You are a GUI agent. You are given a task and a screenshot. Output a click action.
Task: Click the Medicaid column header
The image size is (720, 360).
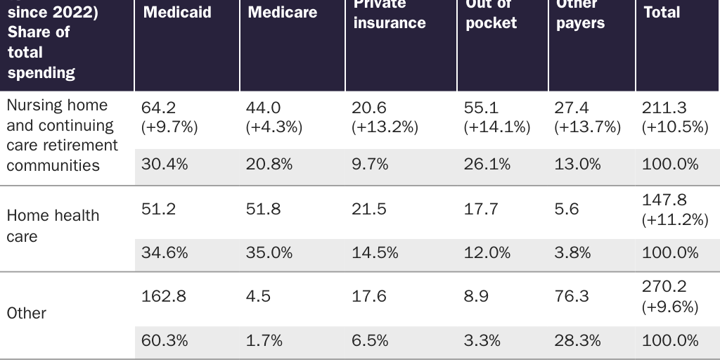pos(176,13)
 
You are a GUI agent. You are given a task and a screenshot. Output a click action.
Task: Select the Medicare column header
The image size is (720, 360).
pos(282,13)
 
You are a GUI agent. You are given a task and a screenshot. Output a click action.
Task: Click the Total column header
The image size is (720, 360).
pos(662,13)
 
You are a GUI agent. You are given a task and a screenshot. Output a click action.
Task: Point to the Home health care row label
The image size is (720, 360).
pos(53,226)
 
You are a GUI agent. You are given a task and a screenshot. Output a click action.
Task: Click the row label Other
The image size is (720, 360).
pos(27,313)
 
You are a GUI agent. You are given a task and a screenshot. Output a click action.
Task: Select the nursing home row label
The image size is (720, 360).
pos(62,135)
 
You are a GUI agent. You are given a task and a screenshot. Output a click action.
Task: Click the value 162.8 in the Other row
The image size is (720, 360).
pos(164,296)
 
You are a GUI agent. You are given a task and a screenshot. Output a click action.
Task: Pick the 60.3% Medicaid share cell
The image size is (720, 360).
pos(165,340)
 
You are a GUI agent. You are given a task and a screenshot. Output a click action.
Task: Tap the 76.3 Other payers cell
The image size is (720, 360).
pos(572,296)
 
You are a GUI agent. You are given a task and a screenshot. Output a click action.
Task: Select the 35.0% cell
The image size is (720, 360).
pos(269,252)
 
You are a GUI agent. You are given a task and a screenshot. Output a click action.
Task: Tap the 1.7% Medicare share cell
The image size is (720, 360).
pos(264,340)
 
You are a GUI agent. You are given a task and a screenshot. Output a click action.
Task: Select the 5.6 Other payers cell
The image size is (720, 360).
pos(566,209)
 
